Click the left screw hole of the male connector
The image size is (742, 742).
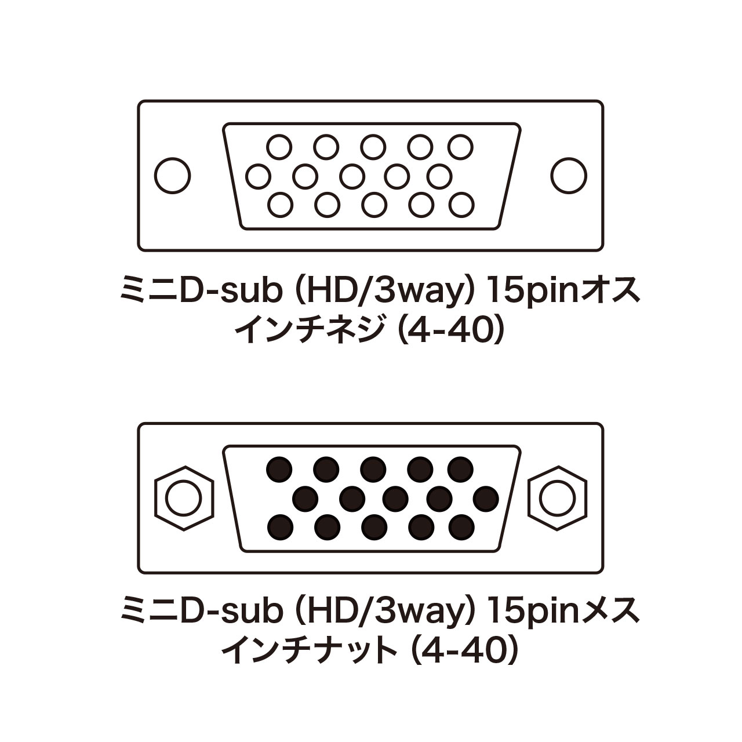(173, 175)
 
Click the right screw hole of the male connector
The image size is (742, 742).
(569, 175)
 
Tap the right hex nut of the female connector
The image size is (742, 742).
(558, 497)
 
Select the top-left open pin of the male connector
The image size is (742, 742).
(279, 147)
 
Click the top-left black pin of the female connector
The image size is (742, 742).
(279, 469)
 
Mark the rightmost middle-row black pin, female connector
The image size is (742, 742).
(486, 497)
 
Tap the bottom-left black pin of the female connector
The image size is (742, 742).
(281, 526)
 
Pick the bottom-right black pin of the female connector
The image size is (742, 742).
(461, 526)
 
